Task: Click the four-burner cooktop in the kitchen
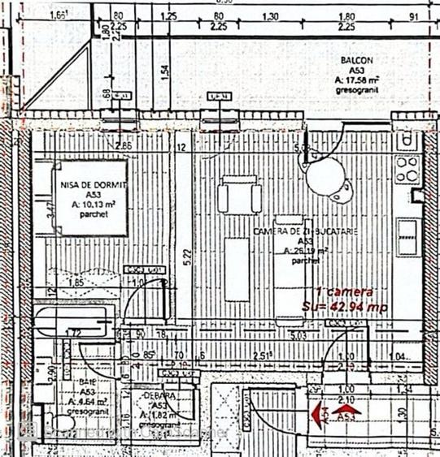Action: click(x=407, y=170)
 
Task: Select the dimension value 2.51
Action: click(x=262, y=354)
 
